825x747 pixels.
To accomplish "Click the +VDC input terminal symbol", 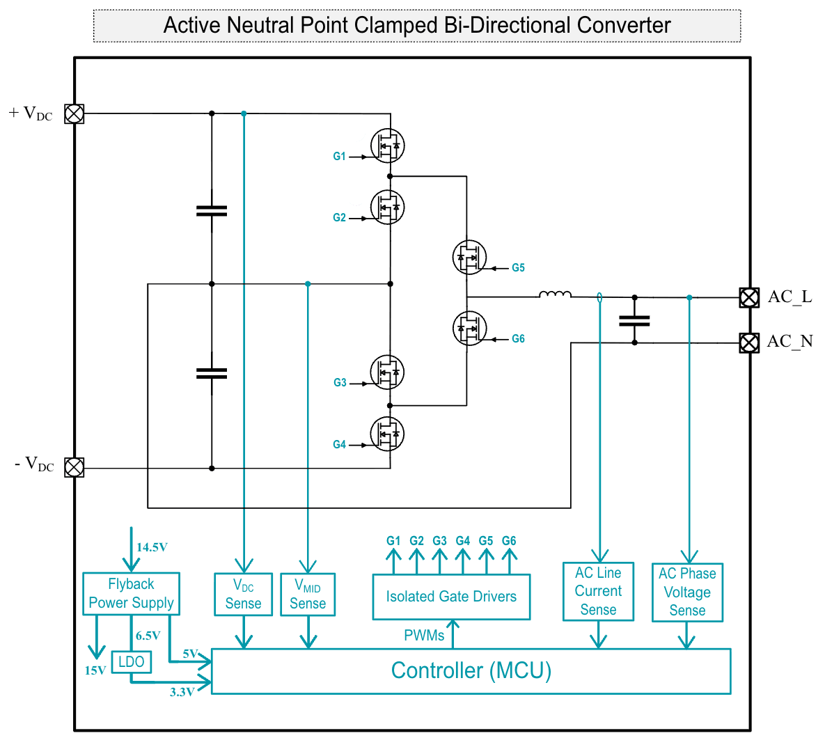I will [74, 113].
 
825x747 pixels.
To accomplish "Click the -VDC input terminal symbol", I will [74, 467].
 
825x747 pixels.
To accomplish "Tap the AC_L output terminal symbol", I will [749, 297].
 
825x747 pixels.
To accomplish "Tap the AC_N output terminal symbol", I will [749, 343].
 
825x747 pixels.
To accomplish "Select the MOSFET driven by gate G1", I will [387, 146].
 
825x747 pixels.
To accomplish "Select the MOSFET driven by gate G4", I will [387, 434].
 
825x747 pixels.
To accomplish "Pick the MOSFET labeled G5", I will [469, 258].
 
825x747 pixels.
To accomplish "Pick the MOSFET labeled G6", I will [469, 328].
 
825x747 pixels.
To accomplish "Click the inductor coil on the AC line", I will [555, 295].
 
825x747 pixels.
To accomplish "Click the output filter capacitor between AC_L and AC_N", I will [634, 320].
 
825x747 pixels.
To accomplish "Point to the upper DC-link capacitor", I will [212, 210].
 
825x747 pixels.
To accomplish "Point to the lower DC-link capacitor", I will [212, 374].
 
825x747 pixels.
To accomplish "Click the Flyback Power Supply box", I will [131, 594].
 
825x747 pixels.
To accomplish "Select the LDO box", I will [131, 662].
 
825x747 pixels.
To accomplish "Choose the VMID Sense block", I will [308, 595].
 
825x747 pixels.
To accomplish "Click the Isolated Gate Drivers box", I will [451, 597].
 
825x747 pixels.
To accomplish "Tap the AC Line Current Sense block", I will [598, 592].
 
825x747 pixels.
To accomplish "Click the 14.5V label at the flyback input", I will [152, 547].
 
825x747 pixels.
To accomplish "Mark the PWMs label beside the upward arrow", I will [423, 635].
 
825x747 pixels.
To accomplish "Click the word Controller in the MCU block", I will [437, 670].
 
